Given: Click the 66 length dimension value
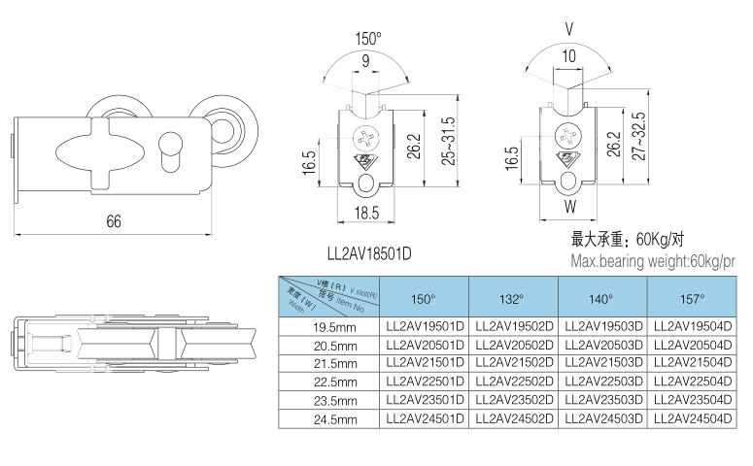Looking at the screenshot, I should (114, 221).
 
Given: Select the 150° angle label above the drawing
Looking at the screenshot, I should (368, 39).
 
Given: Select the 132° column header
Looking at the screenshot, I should (513, 299).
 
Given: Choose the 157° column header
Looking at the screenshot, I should (692, 299).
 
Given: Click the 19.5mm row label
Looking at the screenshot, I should (334, 330).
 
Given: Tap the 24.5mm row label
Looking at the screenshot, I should (334, 420).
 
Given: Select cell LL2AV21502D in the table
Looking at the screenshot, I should (513, 362).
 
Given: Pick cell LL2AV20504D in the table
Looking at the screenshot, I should (692, 344).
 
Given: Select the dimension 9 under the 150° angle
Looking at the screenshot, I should (365, 61).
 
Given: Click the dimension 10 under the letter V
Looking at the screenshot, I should (568, 56).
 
